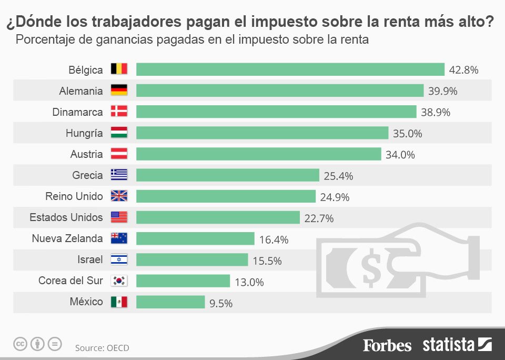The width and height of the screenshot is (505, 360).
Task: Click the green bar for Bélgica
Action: [x=290, y=69]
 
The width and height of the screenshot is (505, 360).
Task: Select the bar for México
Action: [x=170, y=302]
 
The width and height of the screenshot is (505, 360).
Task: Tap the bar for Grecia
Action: [x=228, y=175]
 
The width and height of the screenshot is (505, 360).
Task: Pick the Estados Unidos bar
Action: [x=218, y=217]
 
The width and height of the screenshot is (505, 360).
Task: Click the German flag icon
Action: [x=119, y=91]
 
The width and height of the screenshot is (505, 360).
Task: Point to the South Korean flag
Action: [x=119, y=281]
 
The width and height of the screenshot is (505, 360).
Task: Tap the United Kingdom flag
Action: [x=119, y=196]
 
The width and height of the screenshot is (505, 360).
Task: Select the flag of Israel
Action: [x=119, y=260]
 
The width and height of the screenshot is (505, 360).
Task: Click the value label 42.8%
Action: [x=463, y=70]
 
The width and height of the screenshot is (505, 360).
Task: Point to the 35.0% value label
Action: [x=407, y=134]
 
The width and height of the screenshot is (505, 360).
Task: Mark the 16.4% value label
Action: [x=274, y=239]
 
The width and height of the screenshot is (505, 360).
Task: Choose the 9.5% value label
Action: [x=221, y=303]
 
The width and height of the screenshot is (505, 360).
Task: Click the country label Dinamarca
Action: [x=78, y=112]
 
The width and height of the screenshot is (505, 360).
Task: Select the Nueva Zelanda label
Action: [x=67, y=238]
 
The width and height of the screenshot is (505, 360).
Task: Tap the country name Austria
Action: [x=86, y=154]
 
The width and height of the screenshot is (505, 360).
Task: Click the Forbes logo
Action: [x=387, y=345]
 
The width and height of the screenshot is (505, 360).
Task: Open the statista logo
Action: [x=457, y=345]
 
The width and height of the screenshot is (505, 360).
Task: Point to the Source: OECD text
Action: [x=102, y=348]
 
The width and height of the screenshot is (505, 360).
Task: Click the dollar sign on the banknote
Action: [x=372, y=269]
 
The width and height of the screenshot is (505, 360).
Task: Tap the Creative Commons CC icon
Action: [x=20, y=345]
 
